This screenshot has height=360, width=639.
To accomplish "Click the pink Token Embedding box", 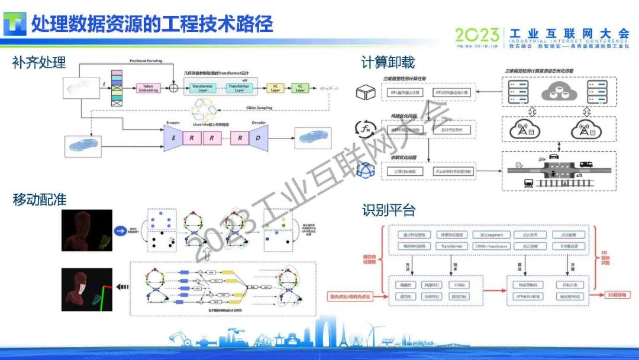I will [x=149, y=88].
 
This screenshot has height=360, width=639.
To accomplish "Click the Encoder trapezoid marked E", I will [x=173, y=139].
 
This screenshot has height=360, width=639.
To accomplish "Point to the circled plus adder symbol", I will [x=173, y=88].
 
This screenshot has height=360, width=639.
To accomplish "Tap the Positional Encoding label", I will [x=145, y=61].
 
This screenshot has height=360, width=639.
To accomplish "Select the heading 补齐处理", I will [x=39, y=62].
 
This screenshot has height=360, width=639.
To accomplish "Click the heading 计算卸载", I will [x=388, y=62].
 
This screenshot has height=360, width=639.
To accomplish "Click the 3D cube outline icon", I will [x=366, y=92].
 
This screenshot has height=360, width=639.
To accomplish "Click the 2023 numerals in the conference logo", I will [x=477, y=35].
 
